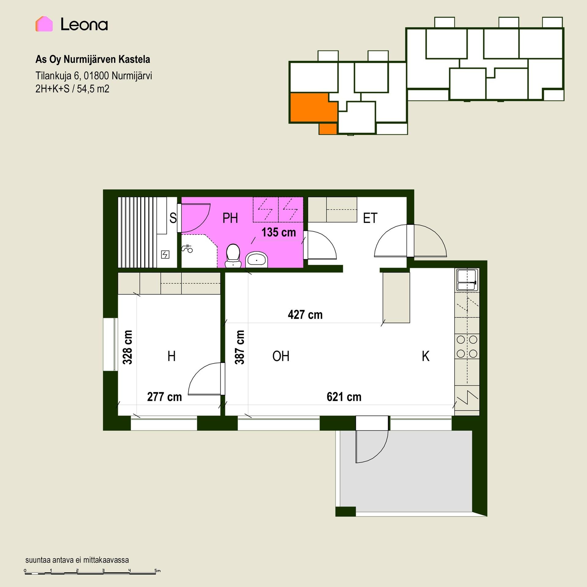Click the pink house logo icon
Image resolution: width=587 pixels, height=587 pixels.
pyautogui.click(x=44, y=24)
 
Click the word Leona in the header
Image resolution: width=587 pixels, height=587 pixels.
pyautogui.click(x=84, y=24)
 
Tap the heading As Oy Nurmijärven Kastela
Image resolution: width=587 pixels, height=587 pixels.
pyautogui.click(x=93, y=59)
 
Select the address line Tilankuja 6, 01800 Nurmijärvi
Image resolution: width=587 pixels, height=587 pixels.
pyautogui.click(x=94, y=76)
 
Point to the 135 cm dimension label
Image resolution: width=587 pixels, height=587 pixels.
pyautogui.click(x=279, y=232)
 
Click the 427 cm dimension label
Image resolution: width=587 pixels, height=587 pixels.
pyautogui.click(x=305, y=315)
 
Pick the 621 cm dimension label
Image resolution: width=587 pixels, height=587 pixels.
pyautogui.click(x=344, y=397)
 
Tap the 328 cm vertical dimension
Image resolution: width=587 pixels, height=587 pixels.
pyautogui.click(x=127, y=347)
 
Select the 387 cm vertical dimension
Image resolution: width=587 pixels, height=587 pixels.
pyautogui.click(x=240, y=347)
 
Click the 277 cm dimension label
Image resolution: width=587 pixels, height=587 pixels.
pyautogui.click(x=164, y=397)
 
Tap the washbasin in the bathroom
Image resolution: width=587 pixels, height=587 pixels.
pyautogui.click(x=257, y=260)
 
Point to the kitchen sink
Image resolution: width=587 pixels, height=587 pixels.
pyautogui.click(x=467, y=280)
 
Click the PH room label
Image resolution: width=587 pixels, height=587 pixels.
pyautogui.click(x=230, y=218)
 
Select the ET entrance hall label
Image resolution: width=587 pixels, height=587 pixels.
pyautogui.click(x=370, y=218)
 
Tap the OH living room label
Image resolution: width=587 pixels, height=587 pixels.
pyautogui.click(x=281, y=356)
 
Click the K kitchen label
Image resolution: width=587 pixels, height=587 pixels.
pyautogui.click(x=426, y=356)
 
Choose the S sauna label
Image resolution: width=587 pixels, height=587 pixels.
pyautogui.click(x=173, y=218)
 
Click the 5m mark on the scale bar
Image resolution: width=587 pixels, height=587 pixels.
pyautogui.click(x=157, y=570)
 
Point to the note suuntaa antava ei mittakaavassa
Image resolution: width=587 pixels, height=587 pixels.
pyautogui.click(x=77, y=560)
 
